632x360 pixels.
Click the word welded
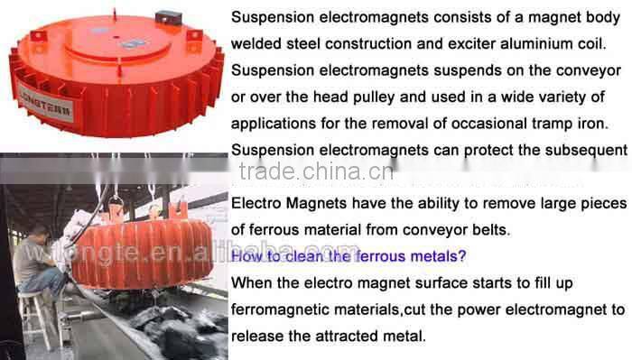pos(256,43)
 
